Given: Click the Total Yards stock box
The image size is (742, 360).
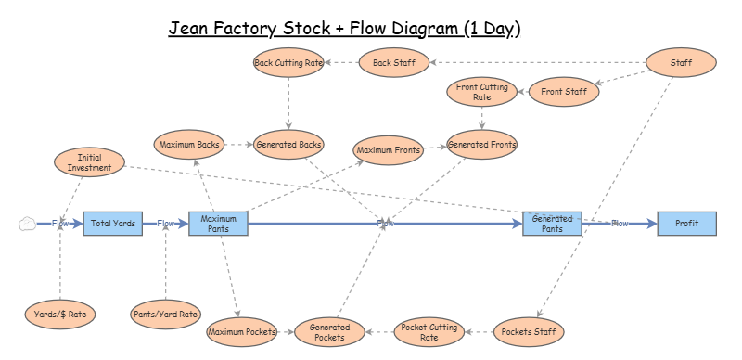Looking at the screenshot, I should coord(113,224).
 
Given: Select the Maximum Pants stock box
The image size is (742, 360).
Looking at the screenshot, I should coord(219,224).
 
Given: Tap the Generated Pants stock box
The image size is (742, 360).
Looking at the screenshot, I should coord(553,224).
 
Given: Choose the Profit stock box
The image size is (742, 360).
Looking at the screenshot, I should coord(686,224).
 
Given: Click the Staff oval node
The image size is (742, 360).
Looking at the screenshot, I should coord(681,63).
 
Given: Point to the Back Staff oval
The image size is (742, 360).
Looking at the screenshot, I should coord(394,63).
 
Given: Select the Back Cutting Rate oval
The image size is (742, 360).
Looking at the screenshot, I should coord(288,63).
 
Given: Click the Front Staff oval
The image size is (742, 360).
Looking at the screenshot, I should coord(564,92).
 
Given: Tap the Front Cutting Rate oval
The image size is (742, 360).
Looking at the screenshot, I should coord(482,92).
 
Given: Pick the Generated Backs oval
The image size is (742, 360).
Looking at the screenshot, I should coord(288,145).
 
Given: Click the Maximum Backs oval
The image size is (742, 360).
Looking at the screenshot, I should coord(189,145).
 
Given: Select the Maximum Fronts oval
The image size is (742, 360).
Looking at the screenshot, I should coord(388,148).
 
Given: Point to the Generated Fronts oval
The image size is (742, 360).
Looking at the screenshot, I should coord(482,145).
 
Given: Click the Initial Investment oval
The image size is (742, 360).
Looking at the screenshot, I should coord(89,162).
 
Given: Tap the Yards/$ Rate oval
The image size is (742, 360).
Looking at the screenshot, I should coord(59,315).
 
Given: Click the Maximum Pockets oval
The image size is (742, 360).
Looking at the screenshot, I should coord(242,331).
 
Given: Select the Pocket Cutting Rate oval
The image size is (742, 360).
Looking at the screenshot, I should coord(429,331).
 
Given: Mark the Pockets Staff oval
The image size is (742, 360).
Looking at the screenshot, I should coord(527,331).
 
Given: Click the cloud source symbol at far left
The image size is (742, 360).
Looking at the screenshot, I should coord(28,224).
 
